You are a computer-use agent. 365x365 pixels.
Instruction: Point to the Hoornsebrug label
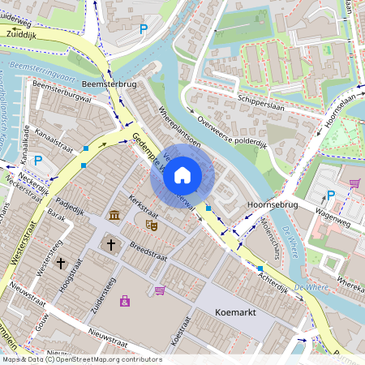point(273,206)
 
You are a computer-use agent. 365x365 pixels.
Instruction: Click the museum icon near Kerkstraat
point(114,215)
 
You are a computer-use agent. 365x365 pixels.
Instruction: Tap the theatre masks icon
point(149,224)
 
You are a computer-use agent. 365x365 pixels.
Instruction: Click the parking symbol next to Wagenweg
point(330,195)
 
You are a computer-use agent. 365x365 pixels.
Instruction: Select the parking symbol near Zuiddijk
point(143,30)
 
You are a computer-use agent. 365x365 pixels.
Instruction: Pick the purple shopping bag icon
point(124,302)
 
